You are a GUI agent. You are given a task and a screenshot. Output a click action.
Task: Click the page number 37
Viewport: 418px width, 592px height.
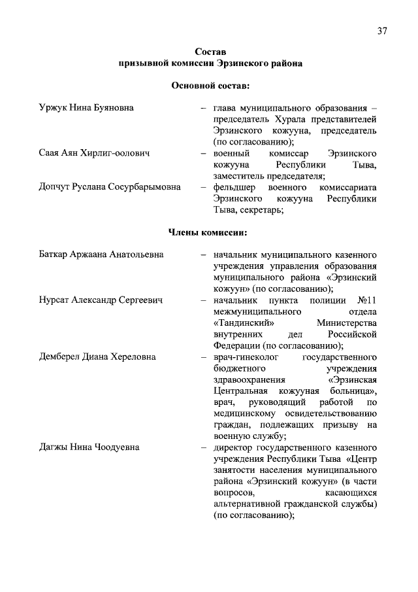(x=382, y=31)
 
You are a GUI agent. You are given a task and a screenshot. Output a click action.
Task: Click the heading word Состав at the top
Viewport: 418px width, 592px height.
(x=210, y=52)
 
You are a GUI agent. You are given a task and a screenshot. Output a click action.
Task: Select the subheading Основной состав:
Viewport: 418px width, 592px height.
(x=210, y=85)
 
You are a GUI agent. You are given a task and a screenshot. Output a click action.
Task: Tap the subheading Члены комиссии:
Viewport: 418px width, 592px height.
(x=208, y=232)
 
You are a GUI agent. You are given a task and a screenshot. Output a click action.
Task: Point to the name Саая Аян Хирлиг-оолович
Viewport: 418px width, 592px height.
(x=95, y=152)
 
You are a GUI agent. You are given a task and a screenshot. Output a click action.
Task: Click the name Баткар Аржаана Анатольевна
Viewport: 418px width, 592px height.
(x=101, y=254)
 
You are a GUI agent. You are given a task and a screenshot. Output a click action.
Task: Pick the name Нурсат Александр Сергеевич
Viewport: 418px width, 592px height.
(x=101, y=300)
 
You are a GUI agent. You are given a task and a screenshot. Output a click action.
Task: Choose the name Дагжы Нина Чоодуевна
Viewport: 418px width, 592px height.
(x=89, y=447)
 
